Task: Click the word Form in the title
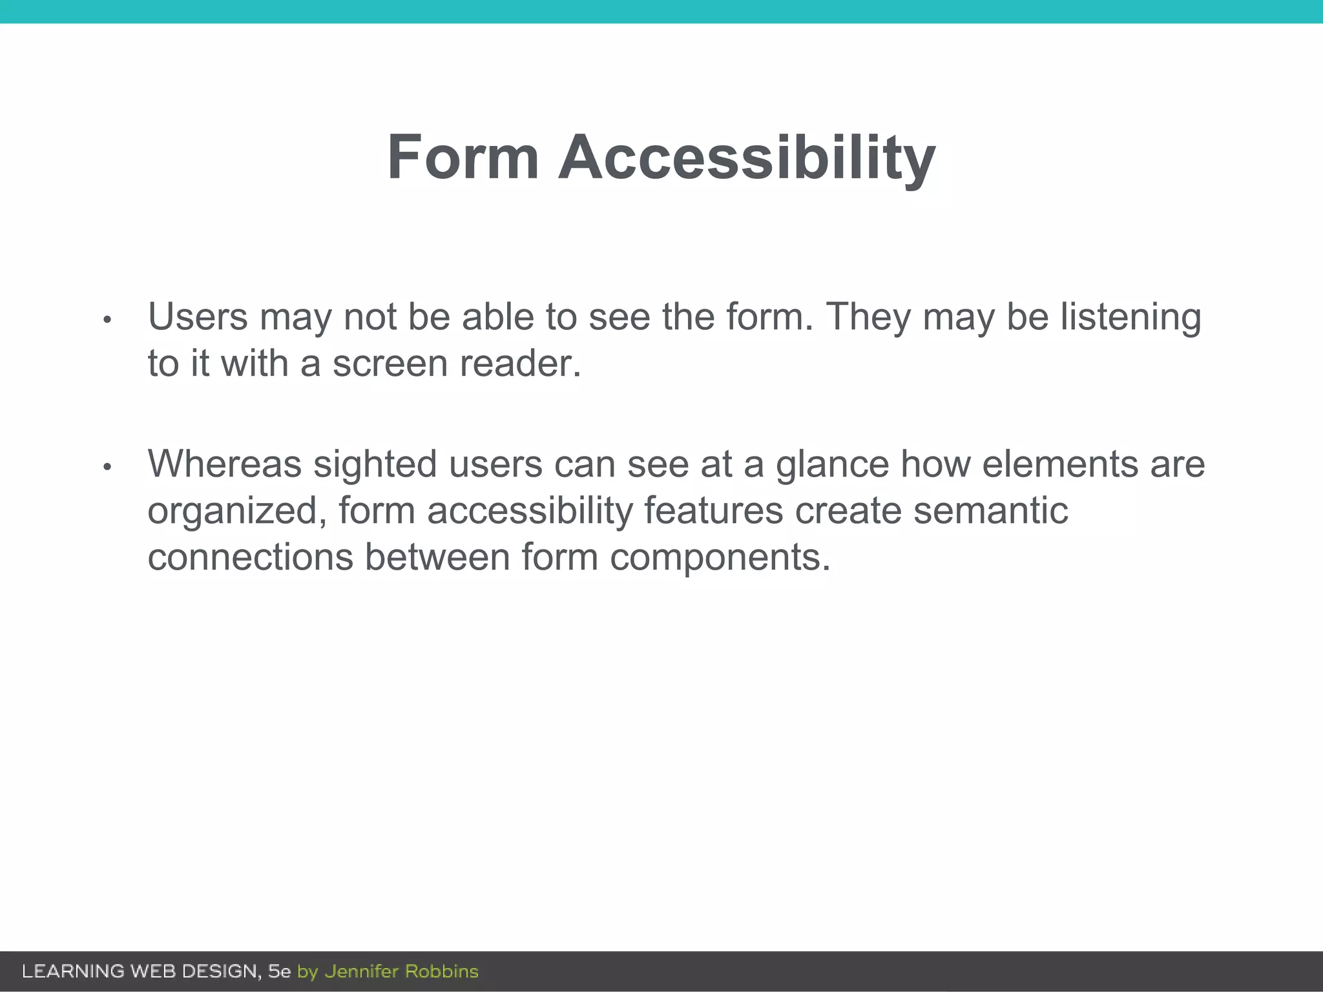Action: coord(463,158)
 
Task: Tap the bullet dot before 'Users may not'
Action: coord(108,320)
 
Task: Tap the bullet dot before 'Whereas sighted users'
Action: coord(108,466)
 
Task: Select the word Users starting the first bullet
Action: coord(198,317)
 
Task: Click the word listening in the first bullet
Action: coord(1130,318)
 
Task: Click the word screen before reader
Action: coord(390,364)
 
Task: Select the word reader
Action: coord(520,364)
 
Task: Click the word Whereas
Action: coord(225,464)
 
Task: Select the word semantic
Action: coord(990,511)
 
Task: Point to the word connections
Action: coord(250,557)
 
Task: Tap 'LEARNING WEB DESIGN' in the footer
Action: coord(141,971)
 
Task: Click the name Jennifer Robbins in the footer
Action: coord(401,971)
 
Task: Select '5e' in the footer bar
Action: coord(280,971)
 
